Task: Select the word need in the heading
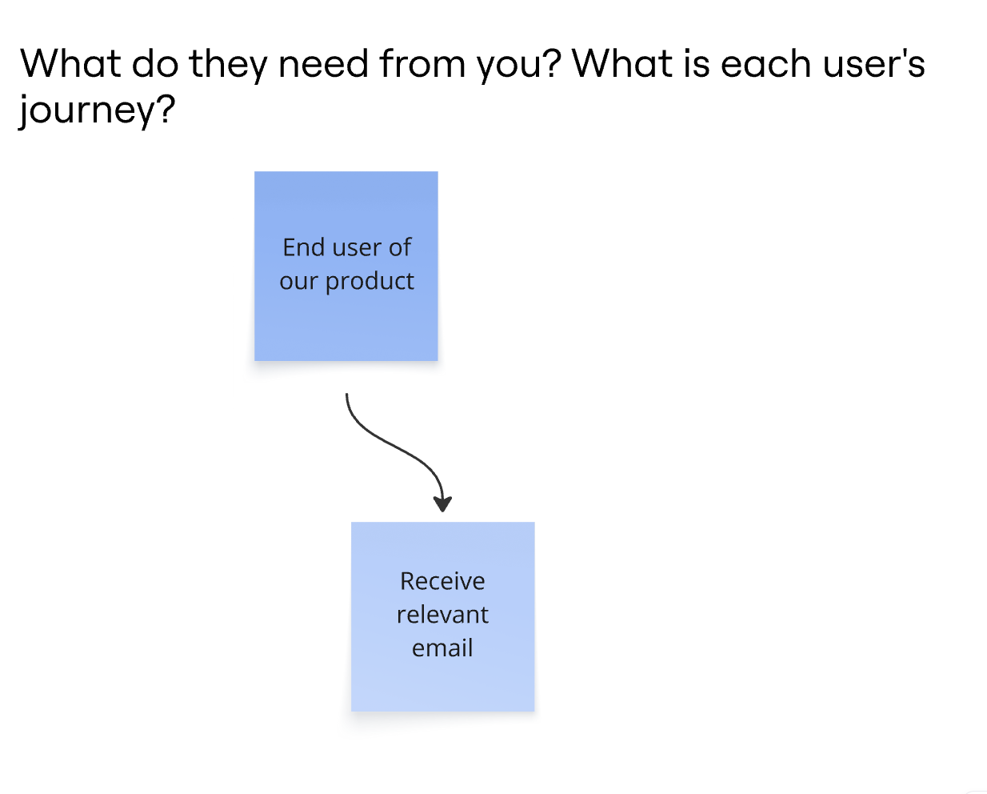323,64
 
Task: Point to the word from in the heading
422,63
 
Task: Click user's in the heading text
874,64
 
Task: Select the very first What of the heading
70,63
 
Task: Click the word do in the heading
155,64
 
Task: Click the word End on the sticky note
304,247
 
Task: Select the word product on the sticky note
370,282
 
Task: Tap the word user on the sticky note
358,248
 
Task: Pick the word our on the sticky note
298,282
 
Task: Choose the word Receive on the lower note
442,581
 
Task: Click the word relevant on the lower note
442,614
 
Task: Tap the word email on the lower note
442,648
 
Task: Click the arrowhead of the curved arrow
442,503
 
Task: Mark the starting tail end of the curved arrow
347,394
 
